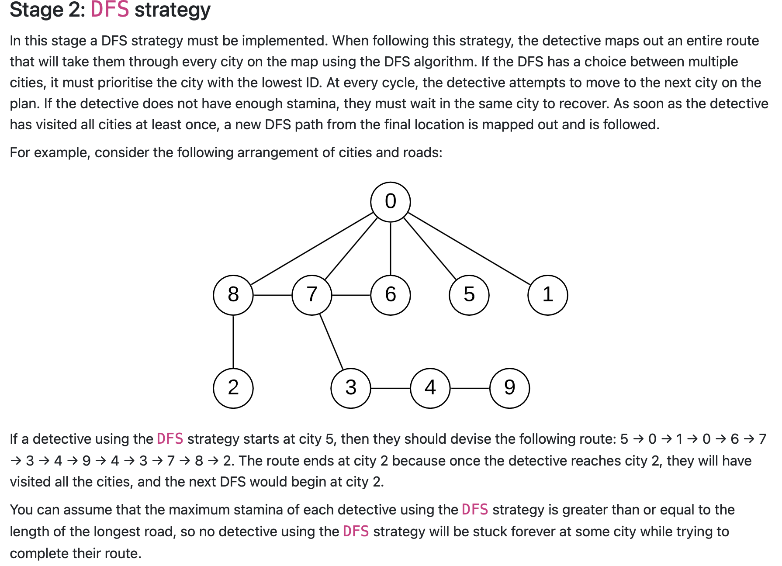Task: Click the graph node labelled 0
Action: pyautogui.click(x=390, y=202)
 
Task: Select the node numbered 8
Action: pyautogui.click(x=233, y=295)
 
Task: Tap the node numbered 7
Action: pyautogui.click(x=311, y=295)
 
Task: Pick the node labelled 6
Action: pyautogui.click(x=390, y=295)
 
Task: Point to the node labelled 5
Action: pyautogui.click(x=469, y=295)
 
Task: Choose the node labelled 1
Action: pyautogui.click(x=547, y=295)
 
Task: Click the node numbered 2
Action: pyautogui.click(x=233, y=388)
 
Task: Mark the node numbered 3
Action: pyautogui.click(x=351, y=388)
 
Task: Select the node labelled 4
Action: pyautogui.click(x=430, y=388)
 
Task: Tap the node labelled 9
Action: pyautogui.click(x=509, y=388)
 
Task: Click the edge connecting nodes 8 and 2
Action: pyautogui.click(x=233, y=342)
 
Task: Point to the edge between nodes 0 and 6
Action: pyautogui.click(x=390, y=248)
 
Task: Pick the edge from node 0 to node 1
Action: pyautogui.click(x=469, y=248)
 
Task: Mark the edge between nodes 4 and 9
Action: pyautogui.click(x=470, y=388)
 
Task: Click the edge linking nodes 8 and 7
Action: pyautogui.click(x=272, y=295)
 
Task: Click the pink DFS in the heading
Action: pyautogui.click(x=110, y=10)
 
